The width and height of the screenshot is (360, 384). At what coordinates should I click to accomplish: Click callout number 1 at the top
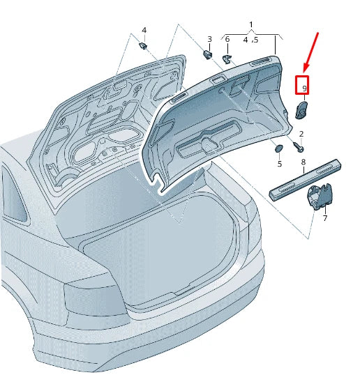(251, 25)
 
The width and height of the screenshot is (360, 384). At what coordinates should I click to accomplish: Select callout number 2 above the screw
(301, 134)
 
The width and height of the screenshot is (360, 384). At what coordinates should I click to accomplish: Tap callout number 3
(209, 39)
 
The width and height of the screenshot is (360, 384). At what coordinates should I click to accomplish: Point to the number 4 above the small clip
(144, 30)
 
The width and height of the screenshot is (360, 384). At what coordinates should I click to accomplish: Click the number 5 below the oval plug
(279, 164)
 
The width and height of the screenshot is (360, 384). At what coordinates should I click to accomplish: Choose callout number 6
(227, 39)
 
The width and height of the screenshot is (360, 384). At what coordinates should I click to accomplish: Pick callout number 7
(324, 218)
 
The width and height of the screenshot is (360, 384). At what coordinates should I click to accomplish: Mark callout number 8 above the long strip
(303, 162)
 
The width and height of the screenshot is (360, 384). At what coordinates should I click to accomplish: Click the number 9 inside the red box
(303, 89)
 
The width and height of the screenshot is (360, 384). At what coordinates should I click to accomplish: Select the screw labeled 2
(299, 147)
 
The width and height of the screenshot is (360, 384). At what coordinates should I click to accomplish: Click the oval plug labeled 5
(278, 148)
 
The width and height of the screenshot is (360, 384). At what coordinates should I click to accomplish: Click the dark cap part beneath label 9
(303, 109)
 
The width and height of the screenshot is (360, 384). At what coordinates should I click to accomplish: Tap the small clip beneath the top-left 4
(143, 46)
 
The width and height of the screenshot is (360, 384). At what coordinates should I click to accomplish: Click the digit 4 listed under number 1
(245, 40)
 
